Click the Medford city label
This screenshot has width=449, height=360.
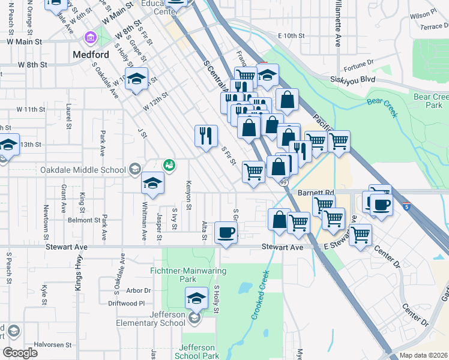(x=91, y=55)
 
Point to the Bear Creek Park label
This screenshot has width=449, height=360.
(x=431, y=101)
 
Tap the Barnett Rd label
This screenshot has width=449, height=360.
(x=315, y=193)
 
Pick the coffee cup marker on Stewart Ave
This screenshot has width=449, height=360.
(x=226, y=232)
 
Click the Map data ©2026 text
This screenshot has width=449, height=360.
(x=423, y=355)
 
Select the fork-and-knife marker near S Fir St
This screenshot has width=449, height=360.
(x=206, y=135)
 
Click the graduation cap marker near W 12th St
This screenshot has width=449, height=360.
(x=137, y=79)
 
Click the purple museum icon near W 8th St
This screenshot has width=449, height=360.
(x=91, y=38)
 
